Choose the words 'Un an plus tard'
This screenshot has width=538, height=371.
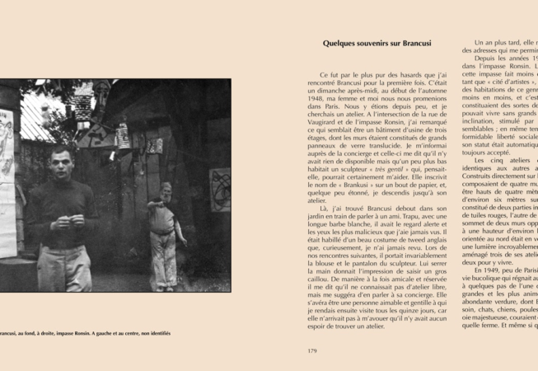pyautogui.click(x=503, y=42)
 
